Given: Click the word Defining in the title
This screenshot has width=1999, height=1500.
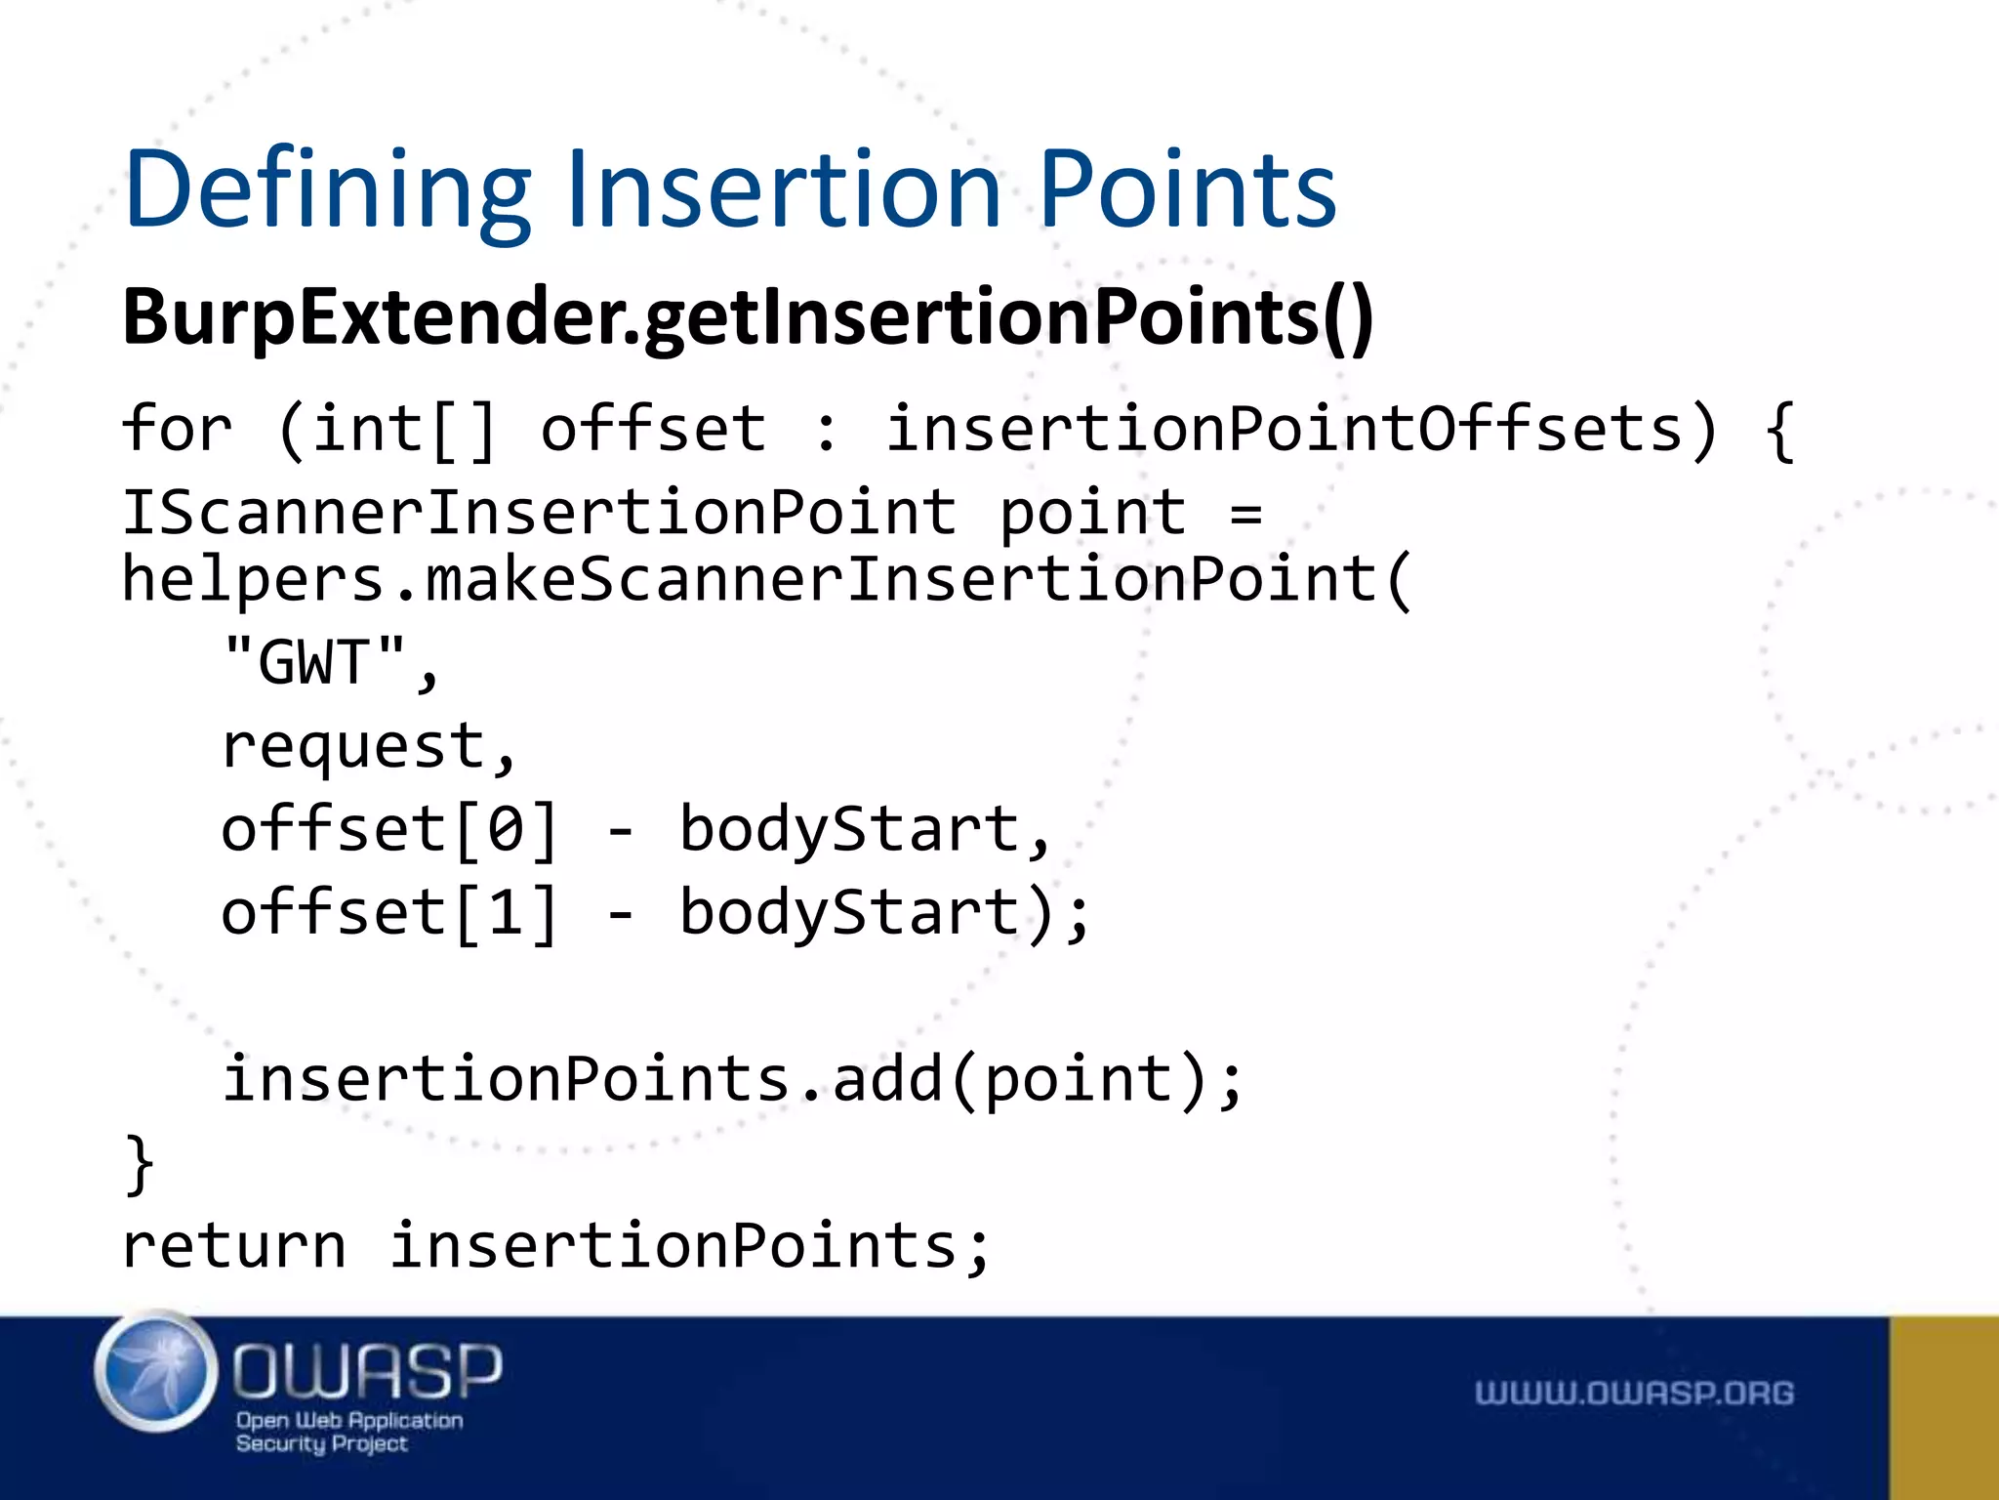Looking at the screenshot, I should pyautogui.click(x=327, y=190).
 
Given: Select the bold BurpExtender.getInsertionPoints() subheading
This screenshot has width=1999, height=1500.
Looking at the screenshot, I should pyautogui.click(x=748, y=317).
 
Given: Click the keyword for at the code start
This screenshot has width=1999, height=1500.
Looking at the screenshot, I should pyautogui.click(x=177, y=430).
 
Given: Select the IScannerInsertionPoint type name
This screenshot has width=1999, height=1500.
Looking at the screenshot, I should pyautogui.click(x=538, y=513).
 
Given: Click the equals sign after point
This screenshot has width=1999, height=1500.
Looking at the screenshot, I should pyautogui.click(x=1246, y=513).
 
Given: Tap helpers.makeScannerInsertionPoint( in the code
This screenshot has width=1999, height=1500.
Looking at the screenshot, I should pyautogui.click(x=766, y=579).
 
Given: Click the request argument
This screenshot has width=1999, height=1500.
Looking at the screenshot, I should pyautogui.click(x=353, y=747).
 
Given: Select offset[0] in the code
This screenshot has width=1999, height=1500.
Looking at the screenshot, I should pyautogui.click(x=389, y=830).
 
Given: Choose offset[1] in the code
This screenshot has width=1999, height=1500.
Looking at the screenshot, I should pyautogui.click(x=389, y=913).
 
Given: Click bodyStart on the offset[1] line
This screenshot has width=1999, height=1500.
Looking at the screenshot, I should pyautogui.click(x=849, y=913).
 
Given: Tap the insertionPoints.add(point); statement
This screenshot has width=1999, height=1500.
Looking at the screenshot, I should pyautogui.click(x=732, y=1080).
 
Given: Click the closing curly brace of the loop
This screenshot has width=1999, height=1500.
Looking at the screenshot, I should pyautogui.click(x=140, y=1163).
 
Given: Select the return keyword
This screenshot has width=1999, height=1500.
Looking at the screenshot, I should pyautogui.click(x=234, y=1247).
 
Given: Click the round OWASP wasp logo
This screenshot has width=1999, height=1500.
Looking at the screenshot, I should pyautogui.click(x=156, y=1372).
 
